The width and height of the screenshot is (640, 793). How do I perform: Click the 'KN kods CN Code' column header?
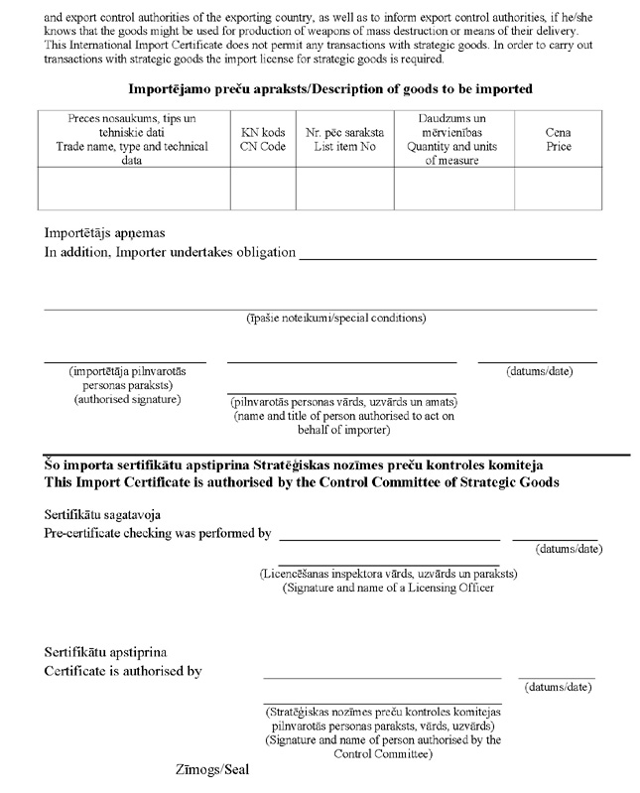(262, 140)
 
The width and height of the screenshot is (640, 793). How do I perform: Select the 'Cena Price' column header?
(559, 140)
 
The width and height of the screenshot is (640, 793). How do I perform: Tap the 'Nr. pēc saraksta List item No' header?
(343, 140)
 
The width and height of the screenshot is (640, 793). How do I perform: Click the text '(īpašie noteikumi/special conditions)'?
(336, 319)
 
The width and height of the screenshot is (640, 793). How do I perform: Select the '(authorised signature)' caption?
(127, 399)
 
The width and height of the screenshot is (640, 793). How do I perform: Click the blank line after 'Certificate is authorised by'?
(382, 676)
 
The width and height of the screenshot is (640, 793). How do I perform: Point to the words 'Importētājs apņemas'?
(104, 233)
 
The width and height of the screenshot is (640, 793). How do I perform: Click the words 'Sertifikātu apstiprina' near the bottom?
(106, 652)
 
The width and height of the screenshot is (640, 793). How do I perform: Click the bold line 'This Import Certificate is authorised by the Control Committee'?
(302, 482)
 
